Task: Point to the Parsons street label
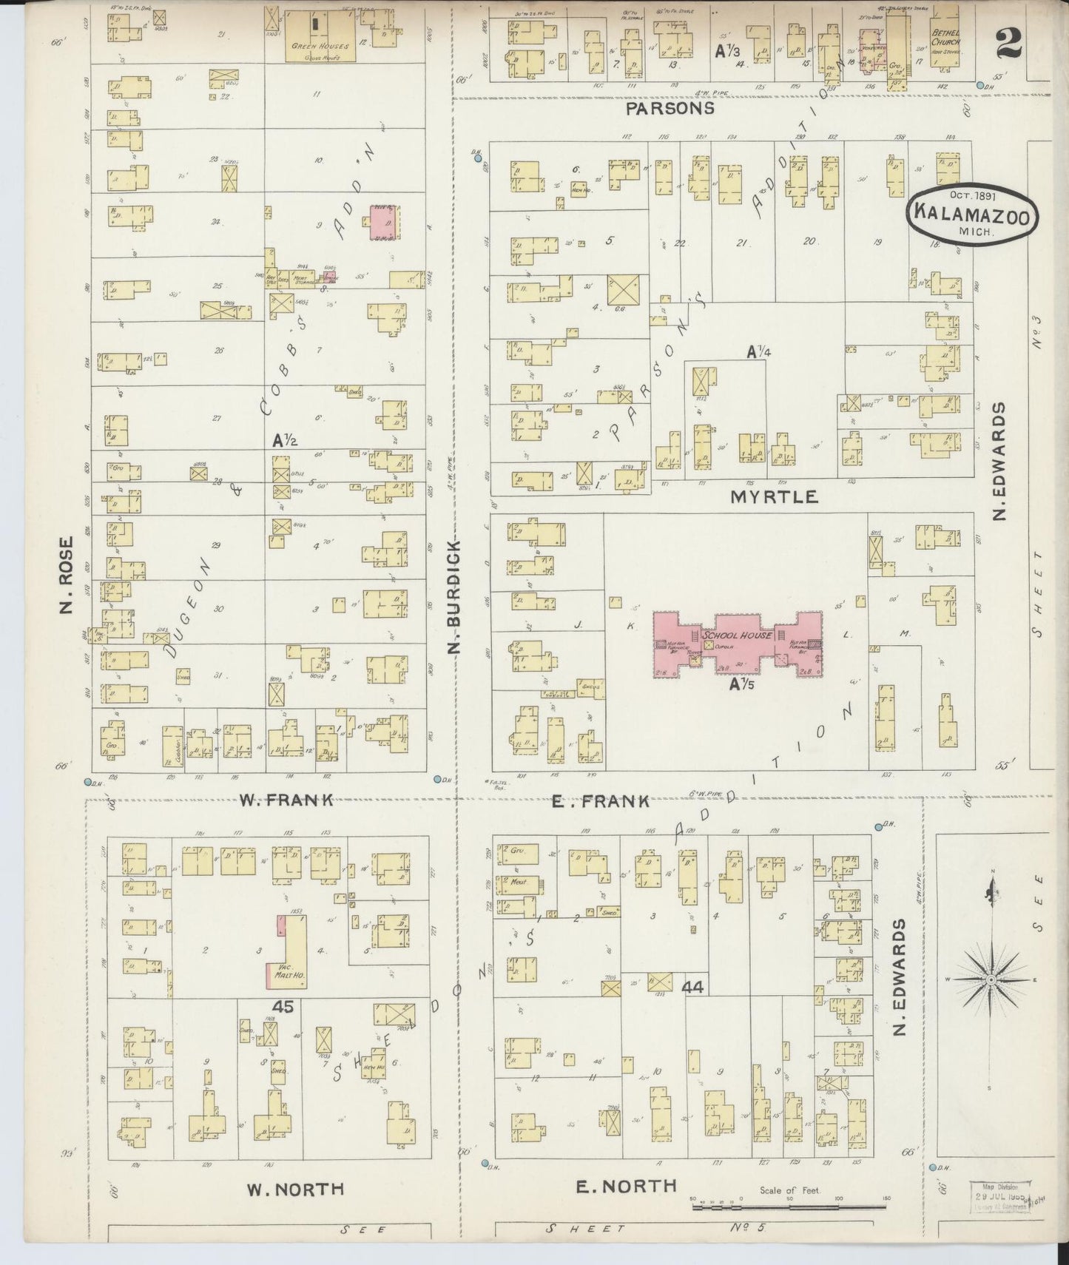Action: [x=670, y=108]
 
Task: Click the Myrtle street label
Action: [x=774, y=496]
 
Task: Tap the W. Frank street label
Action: [x=286, y=800]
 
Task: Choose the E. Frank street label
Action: [x=602, y=800]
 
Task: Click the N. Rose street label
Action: [x=67, y=576]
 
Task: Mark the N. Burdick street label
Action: [x=454, y=598]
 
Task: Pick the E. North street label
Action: [x=626, y=1186]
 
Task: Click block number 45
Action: [x=282, y=1008]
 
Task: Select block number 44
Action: [x=694, y=988]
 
